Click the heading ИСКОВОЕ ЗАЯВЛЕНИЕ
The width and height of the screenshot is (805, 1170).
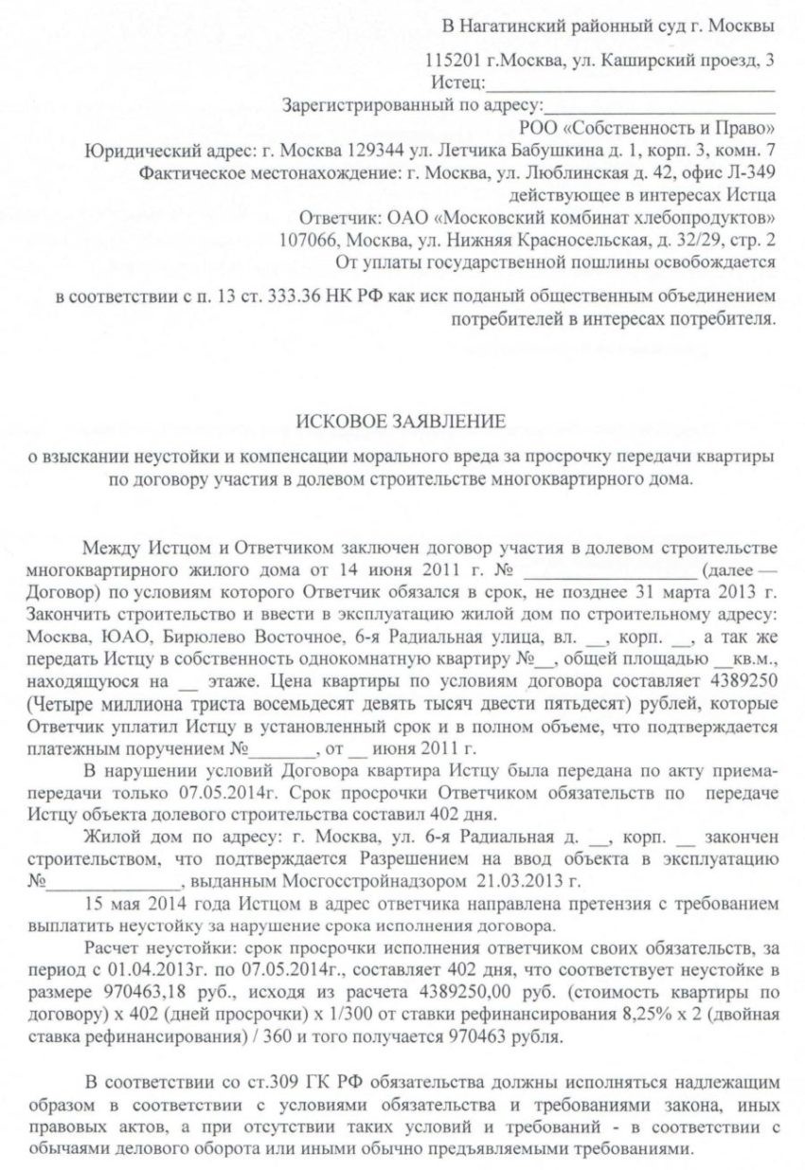402,420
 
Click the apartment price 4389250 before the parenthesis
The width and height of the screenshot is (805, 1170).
739,681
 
